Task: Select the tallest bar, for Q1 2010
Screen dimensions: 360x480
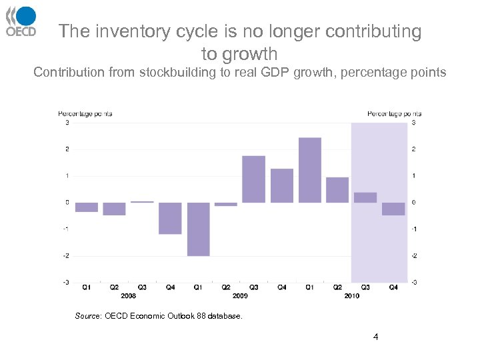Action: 310,170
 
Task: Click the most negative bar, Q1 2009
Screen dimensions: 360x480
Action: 198,229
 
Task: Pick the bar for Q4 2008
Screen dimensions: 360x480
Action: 170,218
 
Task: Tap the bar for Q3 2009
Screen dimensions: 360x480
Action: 253,179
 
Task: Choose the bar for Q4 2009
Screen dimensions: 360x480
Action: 282,185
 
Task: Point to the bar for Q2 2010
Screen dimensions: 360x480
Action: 337,190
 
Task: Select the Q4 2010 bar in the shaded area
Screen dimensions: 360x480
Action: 393,209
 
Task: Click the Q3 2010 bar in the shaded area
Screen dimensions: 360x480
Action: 365,197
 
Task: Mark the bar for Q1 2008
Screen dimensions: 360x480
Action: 87,207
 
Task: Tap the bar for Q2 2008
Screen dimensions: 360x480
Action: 114,209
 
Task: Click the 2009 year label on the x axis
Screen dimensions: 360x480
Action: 240,295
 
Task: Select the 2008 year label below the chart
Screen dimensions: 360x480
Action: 129,295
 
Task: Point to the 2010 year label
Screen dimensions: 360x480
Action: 351,295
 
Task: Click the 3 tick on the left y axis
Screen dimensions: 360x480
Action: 67,123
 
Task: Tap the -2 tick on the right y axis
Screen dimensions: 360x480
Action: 414,256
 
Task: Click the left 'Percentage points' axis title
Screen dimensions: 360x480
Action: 85,113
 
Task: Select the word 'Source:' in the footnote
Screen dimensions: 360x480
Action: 89,316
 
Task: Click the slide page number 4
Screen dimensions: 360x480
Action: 376,337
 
